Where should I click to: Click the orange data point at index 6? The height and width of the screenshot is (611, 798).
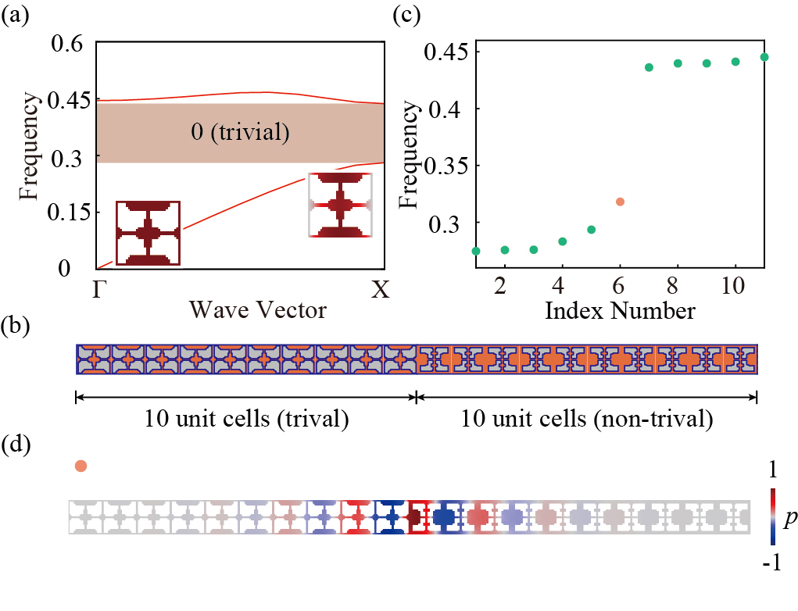tap(620, 202)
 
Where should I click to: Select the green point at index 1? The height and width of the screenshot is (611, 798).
tap(476, 251)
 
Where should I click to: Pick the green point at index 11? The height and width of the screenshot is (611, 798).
tap(764, 57)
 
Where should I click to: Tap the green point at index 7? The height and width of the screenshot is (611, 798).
tap(649, 67)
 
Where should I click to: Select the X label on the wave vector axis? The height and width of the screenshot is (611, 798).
tap(380, 291)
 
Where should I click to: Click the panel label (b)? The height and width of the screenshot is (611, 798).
tap(15, 326)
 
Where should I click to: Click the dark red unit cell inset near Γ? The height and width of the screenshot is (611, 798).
tap(149, 233)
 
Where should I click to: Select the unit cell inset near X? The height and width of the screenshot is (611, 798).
tap(340, 205)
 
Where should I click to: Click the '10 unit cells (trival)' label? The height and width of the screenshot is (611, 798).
tap(246, 420)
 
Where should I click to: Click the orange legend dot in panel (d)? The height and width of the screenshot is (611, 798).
tap(81, 466)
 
